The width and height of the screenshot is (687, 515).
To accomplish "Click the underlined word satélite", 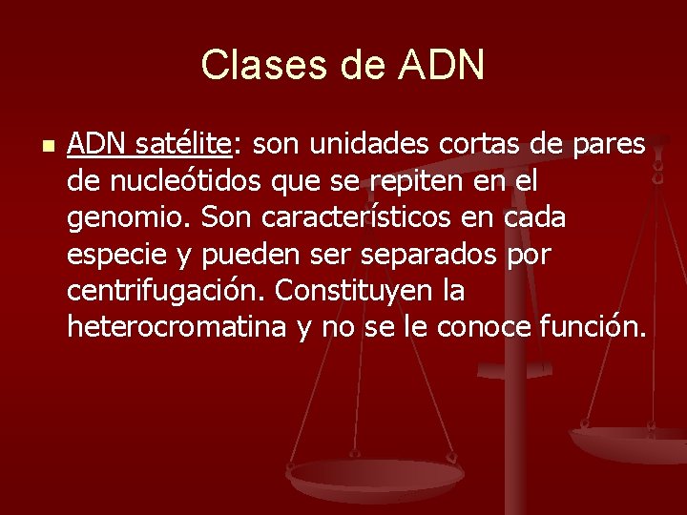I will point(183,145).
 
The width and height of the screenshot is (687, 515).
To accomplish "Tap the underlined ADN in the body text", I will point(97,145).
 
